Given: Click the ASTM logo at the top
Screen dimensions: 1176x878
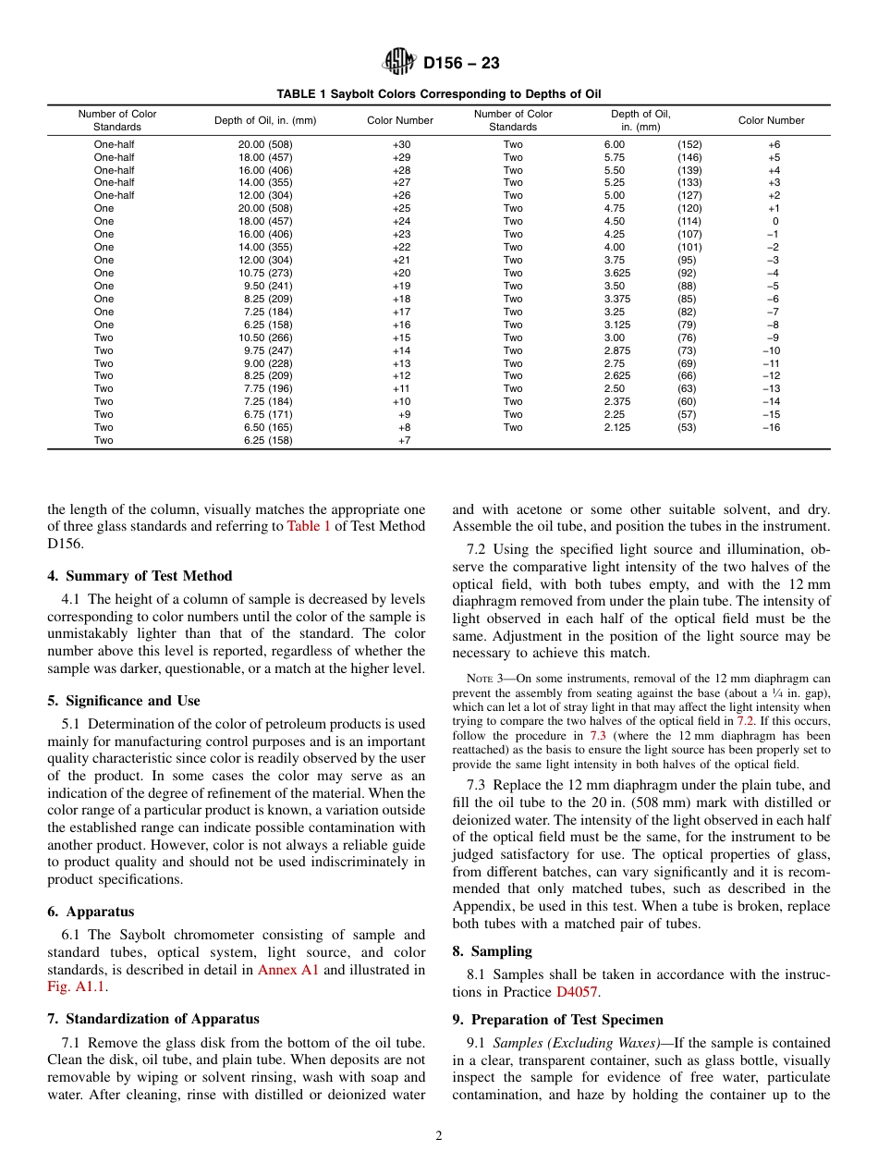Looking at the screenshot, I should pyautogui.click(x=399, y=63).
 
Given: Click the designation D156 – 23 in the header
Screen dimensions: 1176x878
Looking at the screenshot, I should pyautogui.click(x=461, y=64).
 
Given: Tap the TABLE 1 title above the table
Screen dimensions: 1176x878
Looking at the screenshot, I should pyautogui.click(x=439, y=94).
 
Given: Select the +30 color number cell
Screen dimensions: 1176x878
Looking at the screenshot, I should pyautogui.click(x=401, y=144).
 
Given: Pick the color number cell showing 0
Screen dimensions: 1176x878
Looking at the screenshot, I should pyautogui.click(x=774, y=222).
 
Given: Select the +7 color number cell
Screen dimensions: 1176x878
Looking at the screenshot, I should pyautogui.click(x=404, y=441).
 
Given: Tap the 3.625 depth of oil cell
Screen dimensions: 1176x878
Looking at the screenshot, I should pyautogui.click(x=617, y=274).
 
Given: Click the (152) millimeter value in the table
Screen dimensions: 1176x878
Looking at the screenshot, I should pyautogui.click(x=689, y=144).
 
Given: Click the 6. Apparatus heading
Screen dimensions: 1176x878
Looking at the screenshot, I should pyautogui.click(x=91, y=912).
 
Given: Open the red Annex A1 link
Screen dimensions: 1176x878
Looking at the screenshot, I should pyautogui.click(x=287, y=970).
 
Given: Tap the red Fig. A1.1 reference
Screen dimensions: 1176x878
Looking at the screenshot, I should pyautogui.click(x=77, y=987).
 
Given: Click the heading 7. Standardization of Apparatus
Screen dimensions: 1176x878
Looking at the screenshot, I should pyautogui.click(x=153, y=1019).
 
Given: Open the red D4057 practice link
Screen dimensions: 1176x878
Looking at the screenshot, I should pyautogui.click(x=577, y=992).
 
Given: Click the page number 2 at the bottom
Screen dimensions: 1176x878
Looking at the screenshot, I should pyautogui.click(x=439, y=1136).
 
